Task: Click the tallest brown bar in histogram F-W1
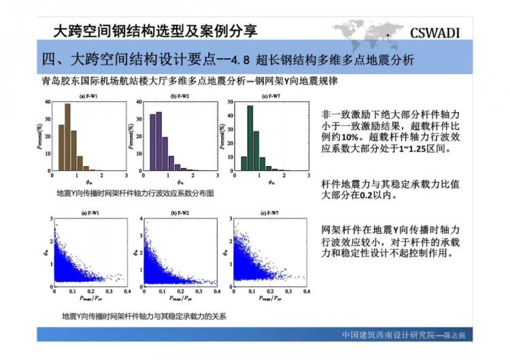(67, 136)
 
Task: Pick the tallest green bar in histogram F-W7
(250, 137)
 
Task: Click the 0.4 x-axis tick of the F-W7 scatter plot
(306, 291)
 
